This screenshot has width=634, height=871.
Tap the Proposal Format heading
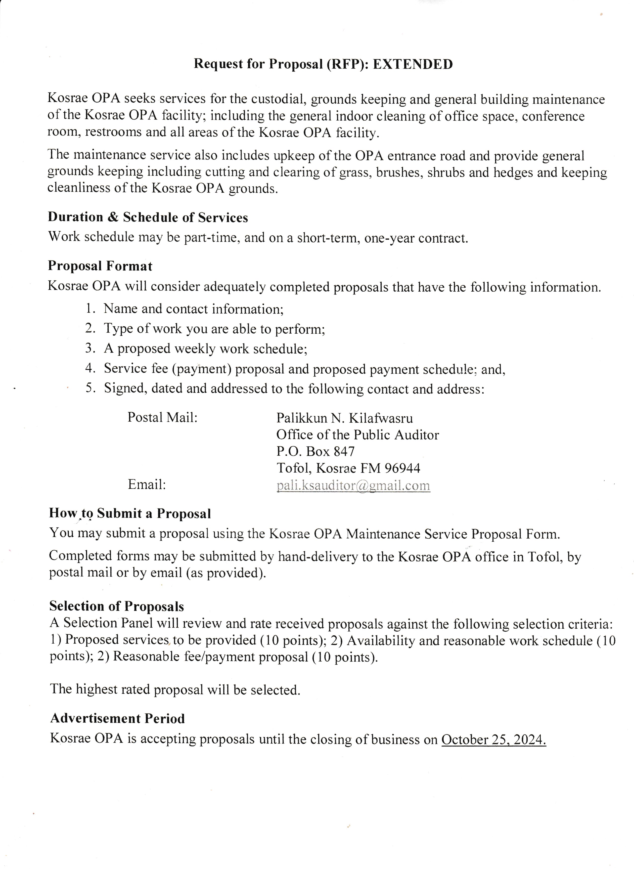click(x=100, y=266)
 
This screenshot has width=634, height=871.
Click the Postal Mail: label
click(x=162, y=417)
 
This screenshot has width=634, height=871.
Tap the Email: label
click(x=147, y=485)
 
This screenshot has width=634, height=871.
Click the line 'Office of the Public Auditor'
click(x=358, y=435)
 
